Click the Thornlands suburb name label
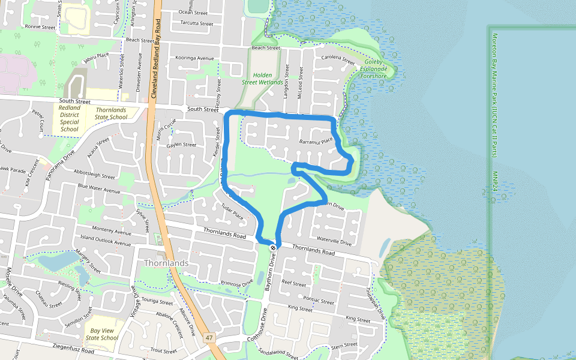166,263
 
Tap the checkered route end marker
273,248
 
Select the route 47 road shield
209,338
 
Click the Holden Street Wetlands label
262,79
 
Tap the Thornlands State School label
112,113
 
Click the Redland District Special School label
70,118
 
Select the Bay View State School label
101,334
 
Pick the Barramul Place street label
316,142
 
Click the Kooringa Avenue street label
195,58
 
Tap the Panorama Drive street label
63,164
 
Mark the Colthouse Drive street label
263,323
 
